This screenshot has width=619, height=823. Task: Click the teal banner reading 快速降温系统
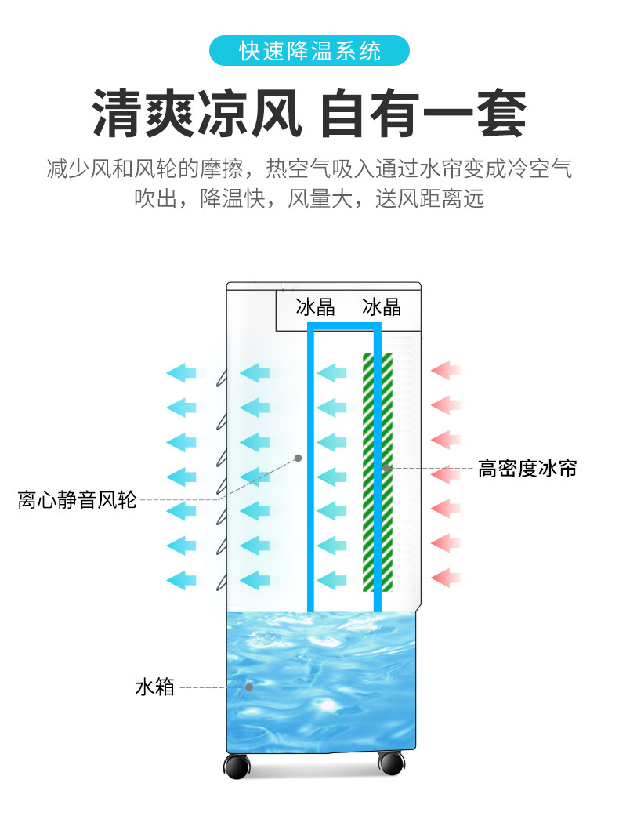point(309,52)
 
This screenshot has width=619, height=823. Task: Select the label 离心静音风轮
point(77,499)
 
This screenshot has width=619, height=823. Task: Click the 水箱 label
point(154,687)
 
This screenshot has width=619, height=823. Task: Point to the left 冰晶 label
point(315,306)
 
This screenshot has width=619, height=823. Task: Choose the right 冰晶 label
point(382,306)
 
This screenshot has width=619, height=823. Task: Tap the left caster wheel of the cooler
point(237,766)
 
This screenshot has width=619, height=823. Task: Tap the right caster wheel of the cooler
point(390,763)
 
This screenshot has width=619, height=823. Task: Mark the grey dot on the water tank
point(249,687)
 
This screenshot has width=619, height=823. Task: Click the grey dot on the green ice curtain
point(386,468)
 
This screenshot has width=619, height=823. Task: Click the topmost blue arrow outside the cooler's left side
point(181,372)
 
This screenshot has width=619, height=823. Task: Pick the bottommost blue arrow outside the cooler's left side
point(181,580)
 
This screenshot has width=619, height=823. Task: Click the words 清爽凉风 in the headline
point(197,115)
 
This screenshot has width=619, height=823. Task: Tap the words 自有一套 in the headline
point(423,115)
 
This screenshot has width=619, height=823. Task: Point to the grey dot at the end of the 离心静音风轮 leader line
point(298,457)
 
